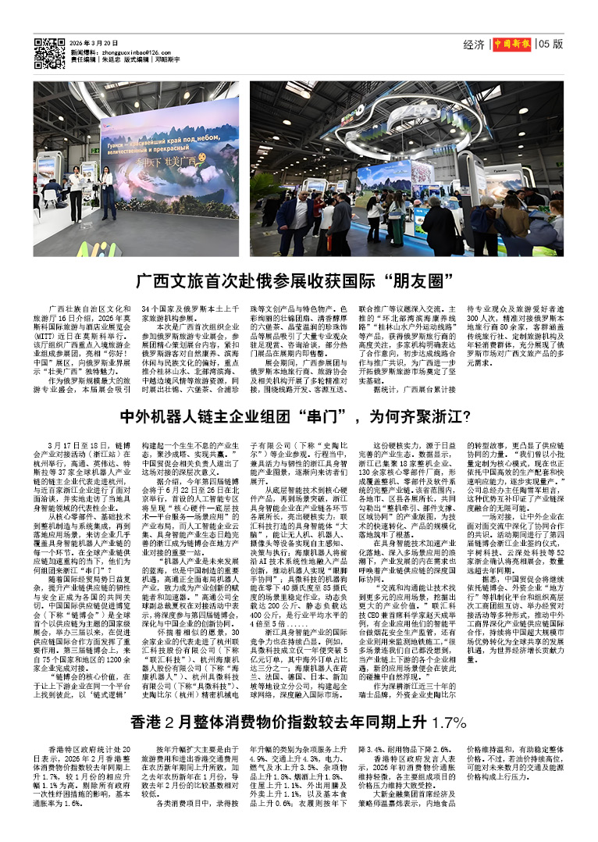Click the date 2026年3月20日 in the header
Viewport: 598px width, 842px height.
coord(94,43)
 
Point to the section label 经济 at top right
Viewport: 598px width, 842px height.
coord(473,45)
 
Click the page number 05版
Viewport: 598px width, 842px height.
coord(550,45)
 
